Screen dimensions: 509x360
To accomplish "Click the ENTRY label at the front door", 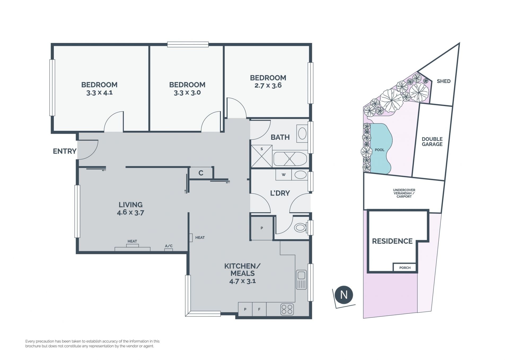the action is tap(65, 151).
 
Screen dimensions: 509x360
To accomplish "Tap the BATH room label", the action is tap(280, 137).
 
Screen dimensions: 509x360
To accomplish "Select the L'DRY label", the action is tap(280, 193).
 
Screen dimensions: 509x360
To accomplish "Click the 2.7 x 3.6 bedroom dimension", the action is tap(268, 85).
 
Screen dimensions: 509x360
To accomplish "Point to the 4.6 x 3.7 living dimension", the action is tap(130, 212).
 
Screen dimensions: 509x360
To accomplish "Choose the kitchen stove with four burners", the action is tap(287, 309).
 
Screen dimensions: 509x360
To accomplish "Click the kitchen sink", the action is tap(301, 280).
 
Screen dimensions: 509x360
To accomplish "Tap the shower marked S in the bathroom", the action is tap(262, 156).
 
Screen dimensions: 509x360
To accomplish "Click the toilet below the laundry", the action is tap(301, 227).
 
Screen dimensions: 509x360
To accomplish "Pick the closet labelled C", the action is tap(201, 173).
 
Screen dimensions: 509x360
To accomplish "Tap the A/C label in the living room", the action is tap(169, 246).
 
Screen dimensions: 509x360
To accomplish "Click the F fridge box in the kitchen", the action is tap(259, 309).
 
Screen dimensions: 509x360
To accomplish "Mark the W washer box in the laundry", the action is tap(284, 175).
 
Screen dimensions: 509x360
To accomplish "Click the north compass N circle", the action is tap(344, 295).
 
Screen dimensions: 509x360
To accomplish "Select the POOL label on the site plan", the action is tap(380, 150).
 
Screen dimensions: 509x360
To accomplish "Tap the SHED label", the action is tap(444, 81).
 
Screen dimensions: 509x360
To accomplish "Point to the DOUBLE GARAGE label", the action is tap(432, 142).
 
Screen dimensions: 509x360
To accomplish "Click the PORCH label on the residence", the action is tap(405, 268).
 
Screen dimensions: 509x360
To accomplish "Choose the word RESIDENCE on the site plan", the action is tap(392, 241).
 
